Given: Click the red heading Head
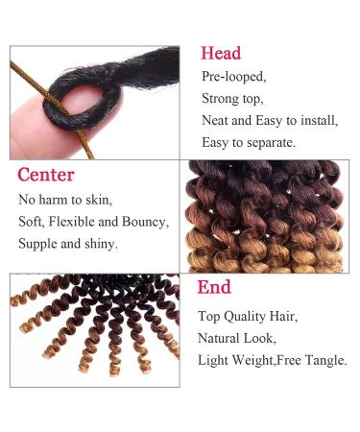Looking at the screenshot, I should tap(221, 53).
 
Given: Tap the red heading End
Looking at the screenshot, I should tap(214, 287).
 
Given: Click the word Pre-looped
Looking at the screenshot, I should tap(235, 77).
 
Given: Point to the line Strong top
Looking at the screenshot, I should tap(234, 98).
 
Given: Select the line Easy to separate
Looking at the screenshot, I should tap(249, 142).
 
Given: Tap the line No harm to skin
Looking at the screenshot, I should tap(65, 201).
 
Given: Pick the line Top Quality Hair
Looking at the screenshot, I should tap(247, 316).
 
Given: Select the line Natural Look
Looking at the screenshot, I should tap(236, 338).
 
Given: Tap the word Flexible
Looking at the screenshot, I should tap(82, 222).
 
